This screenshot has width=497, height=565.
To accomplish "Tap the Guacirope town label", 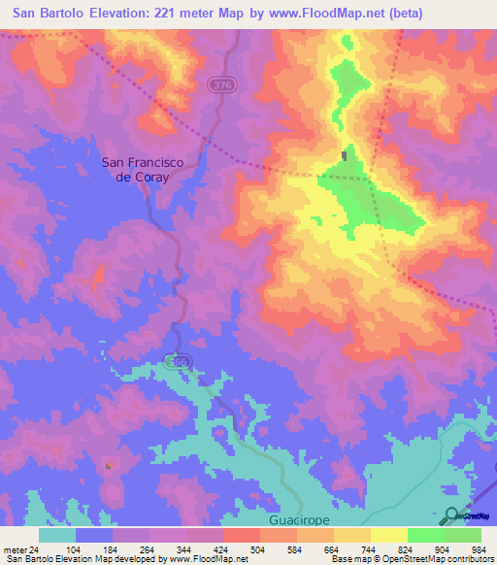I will click(x=299, y=520).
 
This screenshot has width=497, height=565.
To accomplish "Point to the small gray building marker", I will click(x=345, y=155).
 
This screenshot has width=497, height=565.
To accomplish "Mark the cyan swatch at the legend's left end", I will click(x=56, y=535).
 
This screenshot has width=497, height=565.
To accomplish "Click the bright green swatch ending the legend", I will click(x=463, y=535).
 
